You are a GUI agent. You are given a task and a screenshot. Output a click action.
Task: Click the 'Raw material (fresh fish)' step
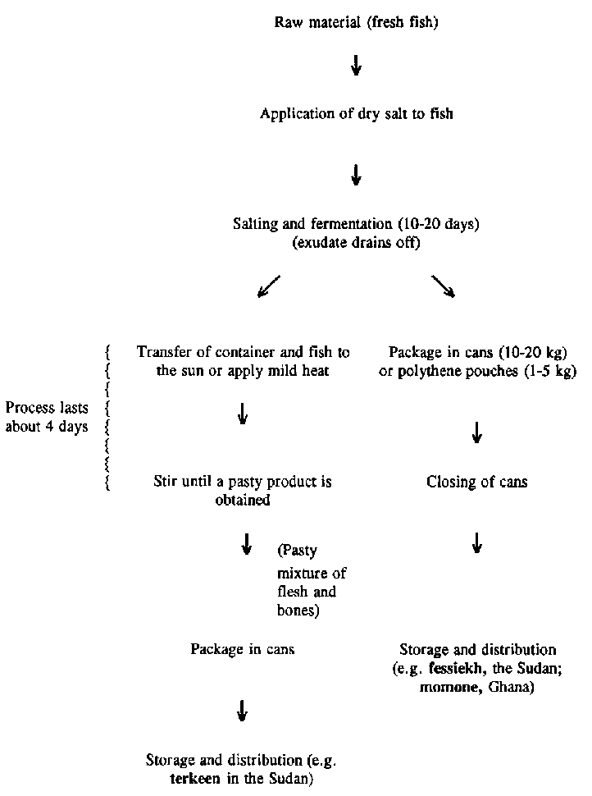pyautogui.click(x=356, y=22)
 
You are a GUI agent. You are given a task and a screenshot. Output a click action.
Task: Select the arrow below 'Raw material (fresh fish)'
pyautogui.click(x=356, y=66)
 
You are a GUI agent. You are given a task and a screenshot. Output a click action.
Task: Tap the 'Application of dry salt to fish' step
pyautogui.click(x=356, y=114)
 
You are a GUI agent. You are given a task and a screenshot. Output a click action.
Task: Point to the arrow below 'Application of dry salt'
pyautogui.click(x=356, y=175)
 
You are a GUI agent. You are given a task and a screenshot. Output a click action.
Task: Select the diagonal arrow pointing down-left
pyautogui.click(x=268, y=286)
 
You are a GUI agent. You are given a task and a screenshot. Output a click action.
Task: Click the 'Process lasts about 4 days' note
pyautogui.click(x=47, y=417)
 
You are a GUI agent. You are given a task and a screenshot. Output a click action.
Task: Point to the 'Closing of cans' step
pyautogui.click(x=476, y=483)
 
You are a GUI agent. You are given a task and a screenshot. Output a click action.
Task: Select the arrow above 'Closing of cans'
pyautogui.click(x=476, y=433)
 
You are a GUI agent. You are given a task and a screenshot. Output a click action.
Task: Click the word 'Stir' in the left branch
pyautogui.click(x=166, y=483)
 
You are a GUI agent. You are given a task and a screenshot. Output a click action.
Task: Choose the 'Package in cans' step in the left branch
pyautogui.click(x=243, y=649)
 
